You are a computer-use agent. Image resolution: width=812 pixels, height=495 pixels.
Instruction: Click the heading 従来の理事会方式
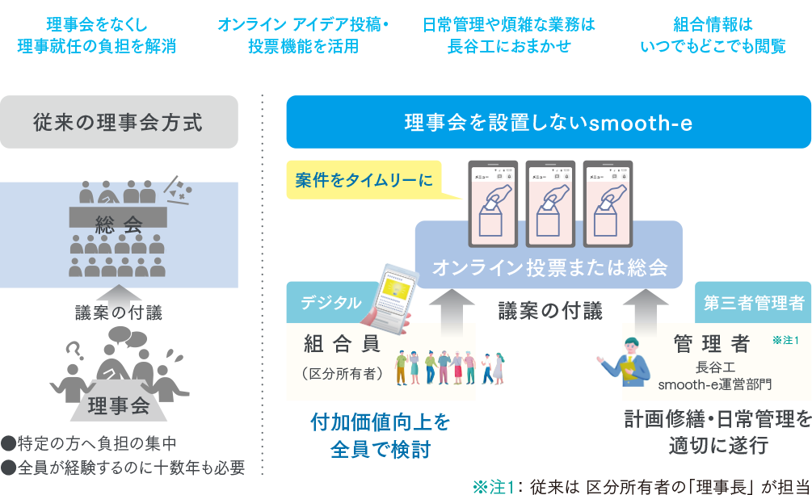[119, 122]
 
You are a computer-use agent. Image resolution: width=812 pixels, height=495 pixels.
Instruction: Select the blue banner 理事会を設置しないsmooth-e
[548, 123]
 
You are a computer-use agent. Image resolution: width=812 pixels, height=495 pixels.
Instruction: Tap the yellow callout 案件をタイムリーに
[364, 180]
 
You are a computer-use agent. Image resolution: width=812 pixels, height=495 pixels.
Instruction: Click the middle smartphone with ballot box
[549, 202]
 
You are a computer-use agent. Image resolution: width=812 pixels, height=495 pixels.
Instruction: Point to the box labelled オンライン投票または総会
[549, 267]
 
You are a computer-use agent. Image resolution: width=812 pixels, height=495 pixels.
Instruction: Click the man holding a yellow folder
[629, 360]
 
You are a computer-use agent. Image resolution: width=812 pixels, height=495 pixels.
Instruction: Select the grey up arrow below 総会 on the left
[119, 295]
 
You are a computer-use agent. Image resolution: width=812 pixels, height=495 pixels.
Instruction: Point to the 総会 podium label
[119, 224]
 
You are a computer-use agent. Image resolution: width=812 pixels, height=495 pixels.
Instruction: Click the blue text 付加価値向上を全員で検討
[380, 435]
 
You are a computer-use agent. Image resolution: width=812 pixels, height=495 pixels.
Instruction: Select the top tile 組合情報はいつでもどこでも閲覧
[713, 35]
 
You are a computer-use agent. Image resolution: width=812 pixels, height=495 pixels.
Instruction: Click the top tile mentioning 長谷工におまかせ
[508, 35]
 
